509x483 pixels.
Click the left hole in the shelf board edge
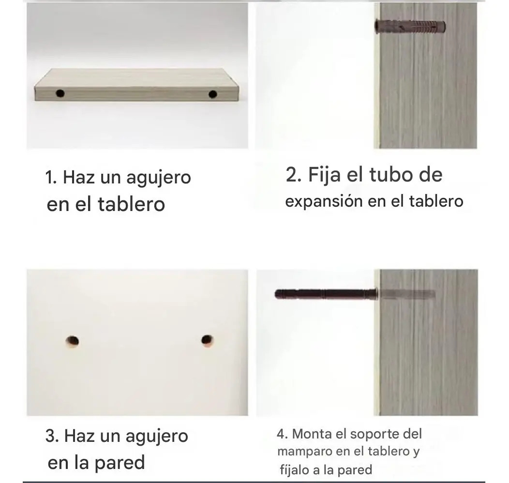click(x=60, y=93)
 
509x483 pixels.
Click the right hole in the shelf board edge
click(x=212, y=94)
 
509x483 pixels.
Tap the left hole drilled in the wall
click(x=72, y=341)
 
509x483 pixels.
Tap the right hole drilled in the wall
click(x=208, y=341)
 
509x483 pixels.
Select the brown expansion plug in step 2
click(x=410, y=26)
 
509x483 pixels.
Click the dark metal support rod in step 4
click(x=326, y=294)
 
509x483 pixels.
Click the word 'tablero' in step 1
click(x=131, y=205)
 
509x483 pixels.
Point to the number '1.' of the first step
click(x=51, y=178)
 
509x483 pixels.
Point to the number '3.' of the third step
click(x=52, y=436)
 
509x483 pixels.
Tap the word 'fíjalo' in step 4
click(x=295, y=470)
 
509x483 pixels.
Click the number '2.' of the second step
click(x=294, y=175)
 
